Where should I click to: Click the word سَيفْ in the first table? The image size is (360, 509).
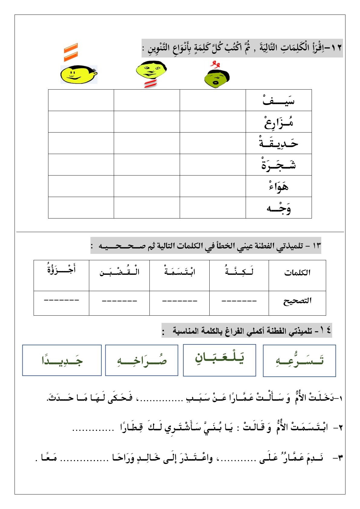(278, 100)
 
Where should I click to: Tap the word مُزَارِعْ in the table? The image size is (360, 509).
(278, 122)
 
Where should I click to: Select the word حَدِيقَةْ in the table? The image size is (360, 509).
(278, 143)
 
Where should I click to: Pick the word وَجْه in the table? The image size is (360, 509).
(278, 208)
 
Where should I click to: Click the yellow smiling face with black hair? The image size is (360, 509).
(78, 74)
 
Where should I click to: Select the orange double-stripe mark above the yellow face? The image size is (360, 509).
(71, 52)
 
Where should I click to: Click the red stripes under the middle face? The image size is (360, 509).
(150, 84)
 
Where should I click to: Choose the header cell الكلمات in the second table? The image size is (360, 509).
(297, 273)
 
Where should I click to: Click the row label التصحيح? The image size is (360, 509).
(297, 301)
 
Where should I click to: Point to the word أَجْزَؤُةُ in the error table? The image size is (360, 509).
(61, 269)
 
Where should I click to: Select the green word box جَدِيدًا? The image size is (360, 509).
(62, 360)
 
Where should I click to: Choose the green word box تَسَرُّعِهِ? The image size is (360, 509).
(299, 360)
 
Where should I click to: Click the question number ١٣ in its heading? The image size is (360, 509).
(316, 245)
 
